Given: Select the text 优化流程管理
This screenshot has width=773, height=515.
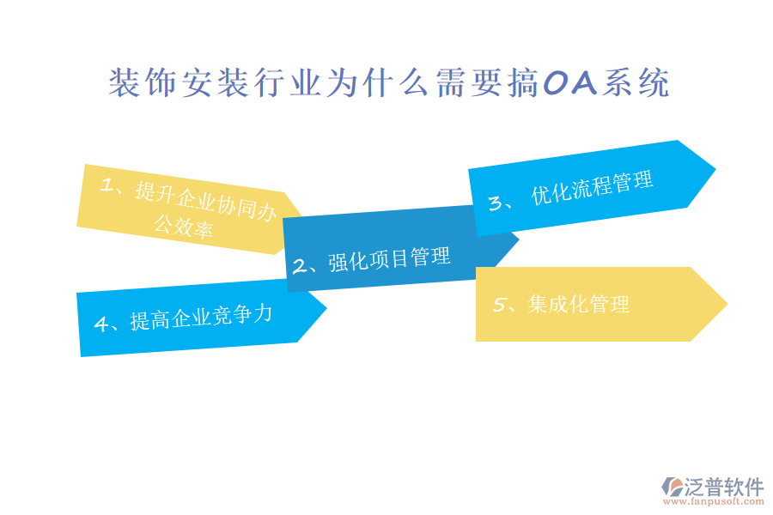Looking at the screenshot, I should tap(592, 187).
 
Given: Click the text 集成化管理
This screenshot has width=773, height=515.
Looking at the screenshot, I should tap(579, 304).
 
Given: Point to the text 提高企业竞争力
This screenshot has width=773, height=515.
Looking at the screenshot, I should tap(201, 317).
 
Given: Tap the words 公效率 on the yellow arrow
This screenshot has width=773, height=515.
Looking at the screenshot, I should tap(183, 227).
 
